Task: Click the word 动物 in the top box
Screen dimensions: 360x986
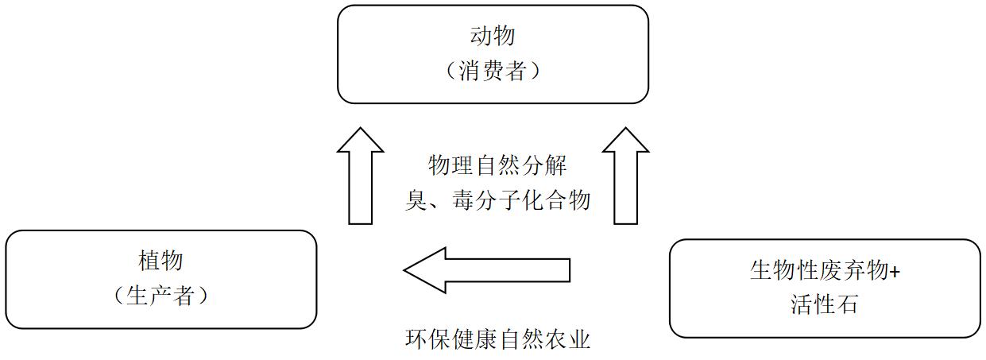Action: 493,37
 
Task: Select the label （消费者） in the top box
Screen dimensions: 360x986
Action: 493,72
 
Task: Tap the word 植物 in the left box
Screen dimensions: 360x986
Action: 160,261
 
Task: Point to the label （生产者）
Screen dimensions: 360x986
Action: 160,296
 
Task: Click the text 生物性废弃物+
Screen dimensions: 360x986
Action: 825,270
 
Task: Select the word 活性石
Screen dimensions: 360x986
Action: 824,304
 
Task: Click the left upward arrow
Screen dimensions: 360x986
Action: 360,176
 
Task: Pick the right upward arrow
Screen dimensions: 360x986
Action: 625,176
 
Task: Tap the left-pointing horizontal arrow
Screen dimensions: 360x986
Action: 486,270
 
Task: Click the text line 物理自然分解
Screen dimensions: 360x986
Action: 498,166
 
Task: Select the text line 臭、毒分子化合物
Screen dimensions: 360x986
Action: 498,199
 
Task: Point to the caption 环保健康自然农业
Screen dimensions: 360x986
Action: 498,340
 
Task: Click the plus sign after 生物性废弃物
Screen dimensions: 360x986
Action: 895,271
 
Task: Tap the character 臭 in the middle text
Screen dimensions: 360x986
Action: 417,199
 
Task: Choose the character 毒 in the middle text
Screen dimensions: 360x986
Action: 463,199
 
